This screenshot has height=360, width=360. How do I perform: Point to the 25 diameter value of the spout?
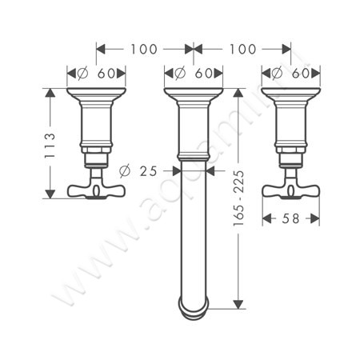click(x=149, y=170)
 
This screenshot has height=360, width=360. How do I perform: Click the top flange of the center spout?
click(x=193, y=94)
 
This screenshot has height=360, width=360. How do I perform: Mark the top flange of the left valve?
click(x=96, y=94)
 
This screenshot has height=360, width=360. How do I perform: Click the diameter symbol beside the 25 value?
click(x=124, y=170)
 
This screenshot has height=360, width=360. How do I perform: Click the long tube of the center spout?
click(x=193, y=232)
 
